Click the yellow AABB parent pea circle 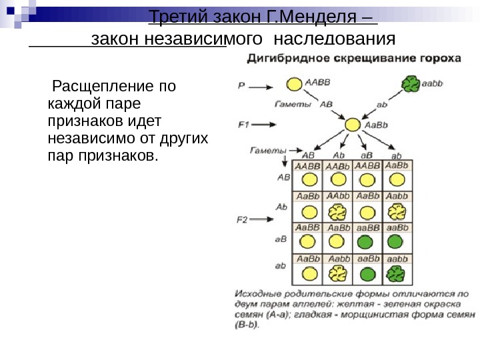(294, 85)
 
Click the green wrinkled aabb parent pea (411, 84)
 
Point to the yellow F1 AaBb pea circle (351, 125)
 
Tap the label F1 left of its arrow (243, 124)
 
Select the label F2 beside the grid (244, 219)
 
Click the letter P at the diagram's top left (241, 85)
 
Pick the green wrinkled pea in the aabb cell (397, 274)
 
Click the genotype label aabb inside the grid (397, 259)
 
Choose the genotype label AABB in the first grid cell (307, 166)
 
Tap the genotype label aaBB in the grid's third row (367, 228)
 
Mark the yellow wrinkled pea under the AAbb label (338, 211)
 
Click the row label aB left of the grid (281, 238)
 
